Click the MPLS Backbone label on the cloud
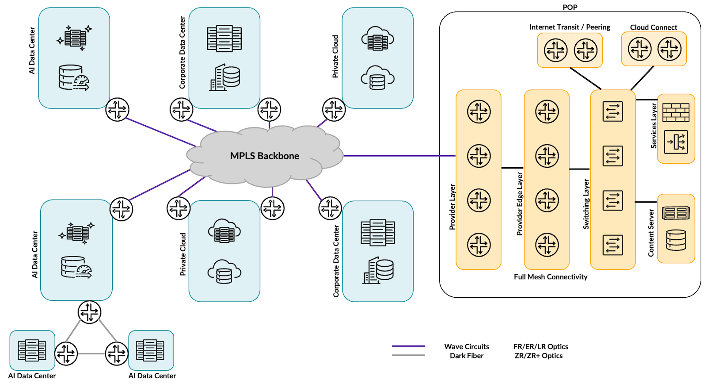click(264, 156)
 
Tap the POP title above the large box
click(570, 7)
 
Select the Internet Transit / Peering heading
click(570, 27)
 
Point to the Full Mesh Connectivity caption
click(551, 277)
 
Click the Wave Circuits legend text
click(467, 346)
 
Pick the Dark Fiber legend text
click(467, 356)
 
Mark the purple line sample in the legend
click(408, 346)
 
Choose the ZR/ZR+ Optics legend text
click(538, 356)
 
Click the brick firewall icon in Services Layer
click(676, 113)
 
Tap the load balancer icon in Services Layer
click(676, 142)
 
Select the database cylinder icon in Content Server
click(676, 240)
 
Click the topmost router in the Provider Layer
click(479, 111)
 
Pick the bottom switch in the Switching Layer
click(612, 245)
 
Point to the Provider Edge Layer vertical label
click(520, 204)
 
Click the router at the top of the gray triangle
click(89, 312)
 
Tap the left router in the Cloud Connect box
click(639, 49)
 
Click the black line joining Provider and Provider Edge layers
click(512, 168)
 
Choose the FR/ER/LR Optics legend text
click(540, 346)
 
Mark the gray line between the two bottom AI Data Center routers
click(91, 353)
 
